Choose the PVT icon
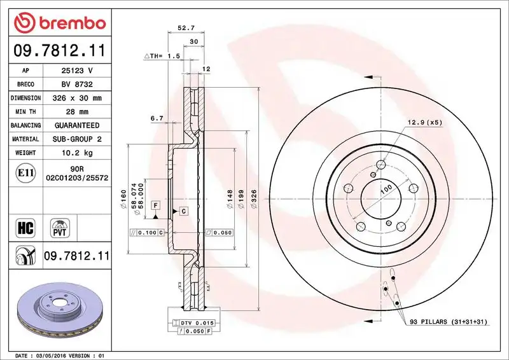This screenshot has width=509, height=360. click(61, 227)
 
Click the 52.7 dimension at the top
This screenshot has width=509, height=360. click(185, 28)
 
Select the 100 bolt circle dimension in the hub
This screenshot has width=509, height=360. click(386, 190)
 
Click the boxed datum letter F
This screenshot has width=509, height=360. click(155, 205)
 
